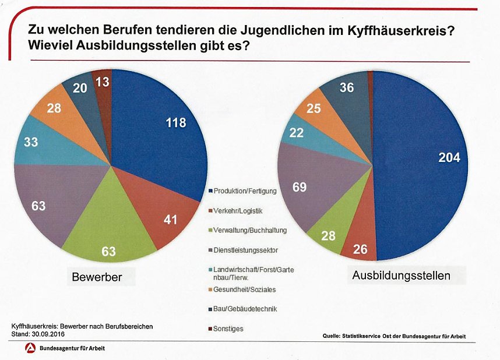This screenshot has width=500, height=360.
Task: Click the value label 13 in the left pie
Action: [x=102, y=83]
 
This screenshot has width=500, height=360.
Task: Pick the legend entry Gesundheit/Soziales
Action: [x=245, y=289]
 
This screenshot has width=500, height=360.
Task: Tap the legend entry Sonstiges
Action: [x=228, y=329]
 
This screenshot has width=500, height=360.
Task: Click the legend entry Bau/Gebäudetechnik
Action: [x=245, y=309]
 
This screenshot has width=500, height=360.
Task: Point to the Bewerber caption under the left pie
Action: [x=97, y=277]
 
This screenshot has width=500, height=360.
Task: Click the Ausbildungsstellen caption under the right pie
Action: [x=401, y=276]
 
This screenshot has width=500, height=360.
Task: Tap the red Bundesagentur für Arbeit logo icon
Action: [x=29, y=348]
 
